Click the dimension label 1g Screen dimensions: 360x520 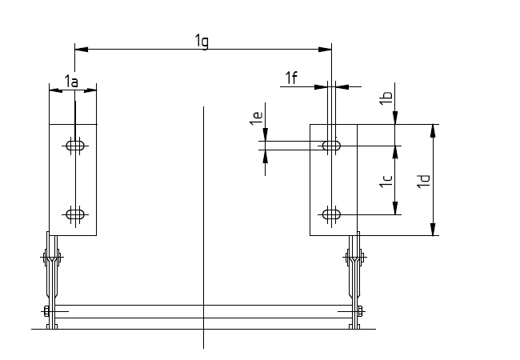click(x=202, y=41)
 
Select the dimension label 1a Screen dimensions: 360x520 click(x=71, y=82)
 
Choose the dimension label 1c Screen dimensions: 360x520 click(x=386, y=182)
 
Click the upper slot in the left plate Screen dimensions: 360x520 click(x=75, y=146)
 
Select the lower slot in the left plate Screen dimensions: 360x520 click(x=75, y=214)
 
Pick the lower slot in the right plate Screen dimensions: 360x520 click(x=331, y=214)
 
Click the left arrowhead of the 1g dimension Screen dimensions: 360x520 click(x=79, y=50)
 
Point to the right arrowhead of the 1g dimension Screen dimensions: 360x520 click(x=326, y=50)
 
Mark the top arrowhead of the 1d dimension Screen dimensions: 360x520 click(x=433, y=130)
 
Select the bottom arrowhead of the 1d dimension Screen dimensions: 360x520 click(x=433, y=230)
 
